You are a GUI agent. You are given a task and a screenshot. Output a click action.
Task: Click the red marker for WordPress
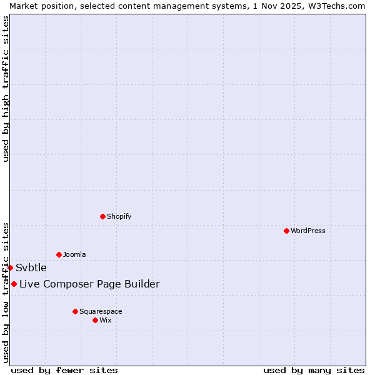click(286, 231)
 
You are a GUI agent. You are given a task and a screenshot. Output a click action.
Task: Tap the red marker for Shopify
click(102, 216)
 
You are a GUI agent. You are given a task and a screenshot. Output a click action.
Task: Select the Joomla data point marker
click(59, 254)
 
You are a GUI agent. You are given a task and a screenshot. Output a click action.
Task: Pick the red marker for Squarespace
click(75, 311)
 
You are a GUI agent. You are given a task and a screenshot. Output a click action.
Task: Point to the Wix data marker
click(95, 320)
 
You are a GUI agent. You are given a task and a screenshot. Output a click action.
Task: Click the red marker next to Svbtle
click(10, 267)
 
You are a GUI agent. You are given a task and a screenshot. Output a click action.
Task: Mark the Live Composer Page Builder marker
click(14, 284)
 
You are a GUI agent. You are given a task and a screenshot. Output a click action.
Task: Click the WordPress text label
click(308, 231)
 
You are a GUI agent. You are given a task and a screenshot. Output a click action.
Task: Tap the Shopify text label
click(119, 216)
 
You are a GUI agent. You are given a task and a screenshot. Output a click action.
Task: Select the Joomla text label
click(74, 254)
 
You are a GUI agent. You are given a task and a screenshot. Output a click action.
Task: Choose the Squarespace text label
click(101, 311)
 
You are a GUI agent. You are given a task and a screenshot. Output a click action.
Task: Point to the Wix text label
click(106, 320)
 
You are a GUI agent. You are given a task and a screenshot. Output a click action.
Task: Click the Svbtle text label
click(31, 267)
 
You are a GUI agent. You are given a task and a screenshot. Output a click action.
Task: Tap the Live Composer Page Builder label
click(89, 284)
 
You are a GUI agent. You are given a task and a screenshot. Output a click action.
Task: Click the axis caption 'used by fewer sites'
click(64, 370)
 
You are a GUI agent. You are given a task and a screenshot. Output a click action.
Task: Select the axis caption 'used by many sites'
click(314, 370)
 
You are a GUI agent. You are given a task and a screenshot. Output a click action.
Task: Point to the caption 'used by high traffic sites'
click(6, 89)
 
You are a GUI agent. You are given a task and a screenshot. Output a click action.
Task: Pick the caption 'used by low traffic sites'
click(6, 292)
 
